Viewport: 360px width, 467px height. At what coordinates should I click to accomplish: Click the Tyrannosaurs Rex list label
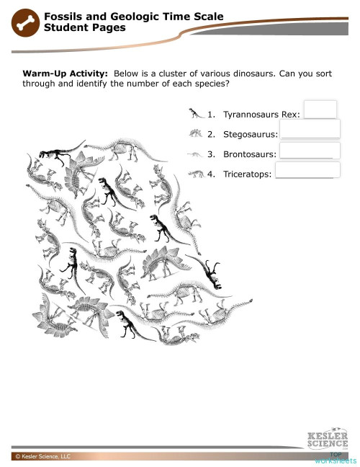point(263,115)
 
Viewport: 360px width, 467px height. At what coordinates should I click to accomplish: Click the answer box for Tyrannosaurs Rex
point(321,109)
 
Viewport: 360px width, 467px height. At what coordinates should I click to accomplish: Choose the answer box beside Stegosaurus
point(310,129)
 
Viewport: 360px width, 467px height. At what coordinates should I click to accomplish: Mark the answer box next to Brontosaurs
point(310,150)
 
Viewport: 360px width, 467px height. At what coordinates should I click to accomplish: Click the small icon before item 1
point(195,112)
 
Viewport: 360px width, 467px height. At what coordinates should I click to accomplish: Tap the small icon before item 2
point(194,133)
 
